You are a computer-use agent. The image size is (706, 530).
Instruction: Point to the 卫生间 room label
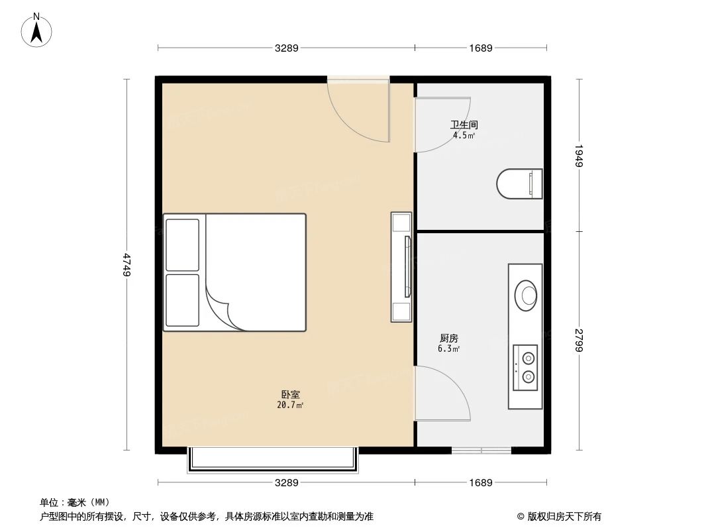[x=464, y=125]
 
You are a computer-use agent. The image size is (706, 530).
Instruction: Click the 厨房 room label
[x=448, y=339]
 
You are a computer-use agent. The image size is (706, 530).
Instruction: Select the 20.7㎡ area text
[x=290, y=405]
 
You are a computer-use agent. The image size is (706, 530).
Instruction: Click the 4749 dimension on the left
[x=126, y=264]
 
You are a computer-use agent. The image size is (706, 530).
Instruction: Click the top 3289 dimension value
[x=287, y=48]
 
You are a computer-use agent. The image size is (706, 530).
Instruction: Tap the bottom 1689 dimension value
[x=481, y=483]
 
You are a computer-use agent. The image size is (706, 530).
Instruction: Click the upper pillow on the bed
[x=182, y=244]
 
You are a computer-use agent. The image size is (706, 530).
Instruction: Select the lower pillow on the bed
[x=182, y=300]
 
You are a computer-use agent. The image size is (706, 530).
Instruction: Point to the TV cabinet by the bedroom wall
[x=401, y=267]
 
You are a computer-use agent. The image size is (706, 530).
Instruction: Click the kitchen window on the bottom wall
[x=481, y=450]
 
